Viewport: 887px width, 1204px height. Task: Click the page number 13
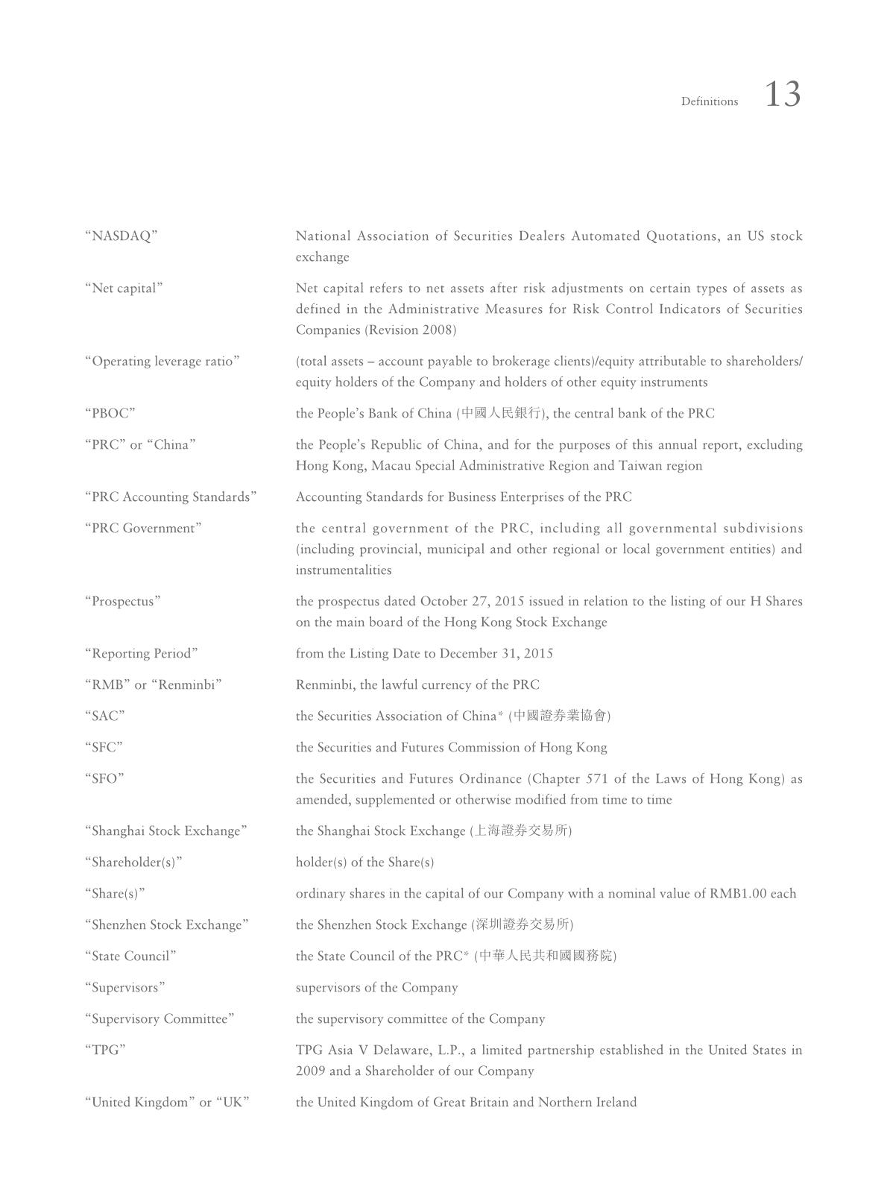[783, 95]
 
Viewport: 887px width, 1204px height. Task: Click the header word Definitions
[709, 101]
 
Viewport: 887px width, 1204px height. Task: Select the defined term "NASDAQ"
[121, 236]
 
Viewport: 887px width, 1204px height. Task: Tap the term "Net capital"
[123, 289]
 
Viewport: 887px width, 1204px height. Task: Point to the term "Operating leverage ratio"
[162, 362]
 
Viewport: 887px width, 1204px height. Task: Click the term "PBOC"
[110, 414]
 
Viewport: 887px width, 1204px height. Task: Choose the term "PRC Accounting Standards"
[171, 497]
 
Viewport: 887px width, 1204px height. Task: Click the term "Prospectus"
[122, 602]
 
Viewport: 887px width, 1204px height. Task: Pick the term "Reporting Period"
[141, 654]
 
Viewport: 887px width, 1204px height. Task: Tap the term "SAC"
[104, 716]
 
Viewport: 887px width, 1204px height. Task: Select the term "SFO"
[104, 779]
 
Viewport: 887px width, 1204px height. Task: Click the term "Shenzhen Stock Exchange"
[166, 925]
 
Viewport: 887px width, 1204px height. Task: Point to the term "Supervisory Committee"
[160, 1019]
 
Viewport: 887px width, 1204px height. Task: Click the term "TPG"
[105, 1050]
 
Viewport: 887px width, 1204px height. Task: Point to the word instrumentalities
[343, 570]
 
